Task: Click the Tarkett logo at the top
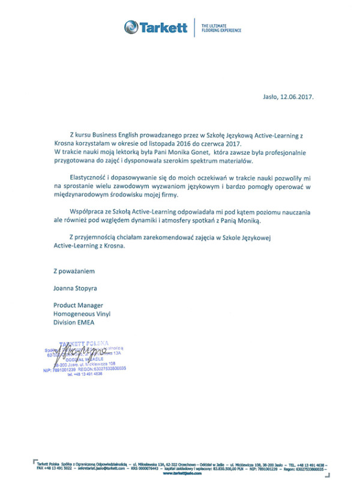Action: point(155,27)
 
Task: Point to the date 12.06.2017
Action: point(298,96)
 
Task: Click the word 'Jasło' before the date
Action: point(271,96)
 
